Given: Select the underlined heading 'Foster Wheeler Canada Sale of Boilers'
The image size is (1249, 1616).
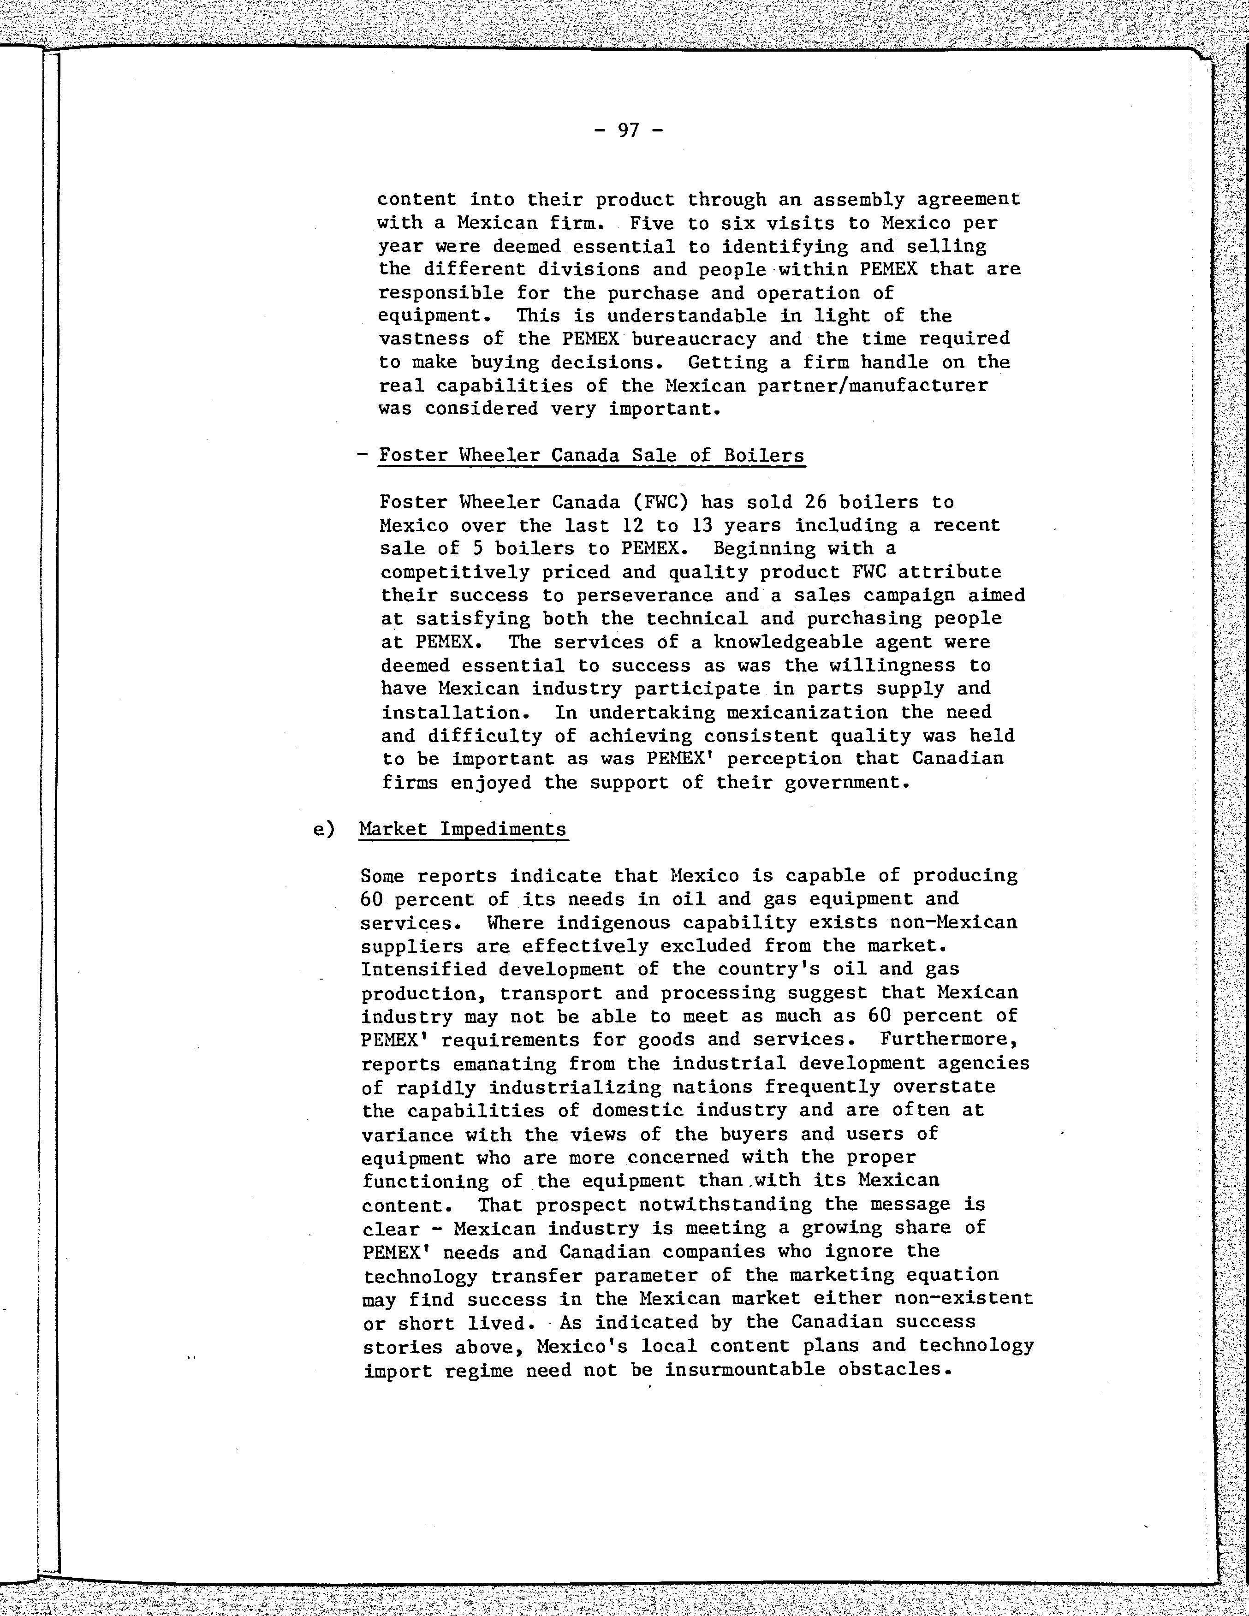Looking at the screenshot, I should tap(591, 455).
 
